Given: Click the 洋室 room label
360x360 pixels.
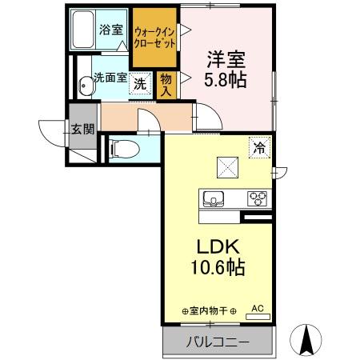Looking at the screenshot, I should pos(226,58).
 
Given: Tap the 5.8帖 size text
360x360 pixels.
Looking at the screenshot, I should pos(226,80).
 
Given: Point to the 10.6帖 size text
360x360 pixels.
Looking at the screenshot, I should pos(215,267).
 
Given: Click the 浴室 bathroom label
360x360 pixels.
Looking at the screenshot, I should pos(110,30).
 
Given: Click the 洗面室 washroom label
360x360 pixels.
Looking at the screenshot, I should pos(110,78).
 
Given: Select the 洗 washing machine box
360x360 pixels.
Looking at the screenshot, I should pos(140,83).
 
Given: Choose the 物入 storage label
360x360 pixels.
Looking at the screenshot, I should pos(166,83).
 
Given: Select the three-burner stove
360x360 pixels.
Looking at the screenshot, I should pos(258,198).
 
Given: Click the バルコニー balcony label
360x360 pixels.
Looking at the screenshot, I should pos(218,343).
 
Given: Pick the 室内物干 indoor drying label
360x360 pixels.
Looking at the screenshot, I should pos(207,311).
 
